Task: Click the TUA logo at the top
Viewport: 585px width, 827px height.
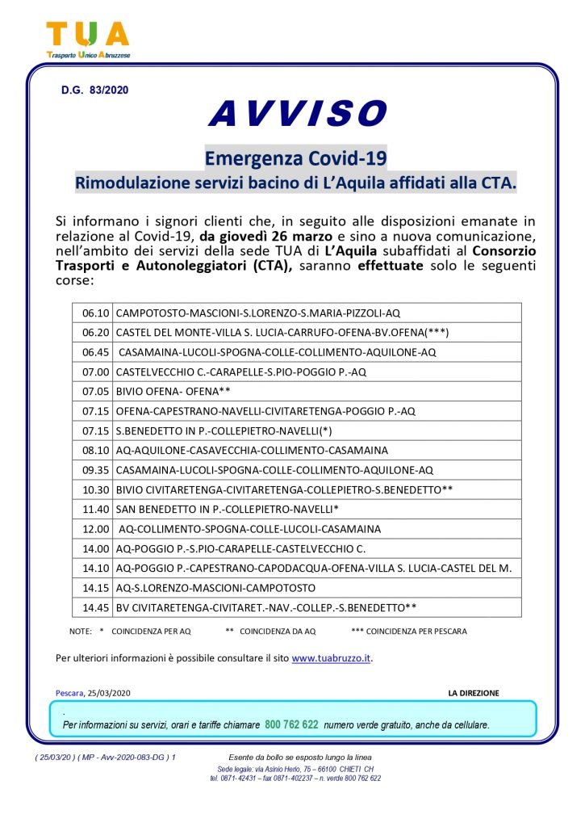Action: (88, 39)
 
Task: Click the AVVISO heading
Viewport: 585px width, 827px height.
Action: (297, 114)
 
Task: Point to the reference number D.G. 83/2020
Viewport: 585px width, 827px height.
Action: (94, 90)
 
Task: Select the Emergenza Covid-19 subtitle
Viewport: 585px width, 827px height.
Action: (295, 157)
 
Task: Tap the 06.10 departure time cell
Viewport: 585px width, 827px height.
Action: (95, 313)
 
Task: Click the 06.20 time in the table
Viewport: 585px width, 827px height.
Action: (95, 332)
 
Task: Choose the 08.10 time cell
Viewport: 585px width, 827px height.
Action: (95, 450)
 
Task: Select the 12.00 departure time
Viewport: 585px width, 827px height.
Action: (95, 529)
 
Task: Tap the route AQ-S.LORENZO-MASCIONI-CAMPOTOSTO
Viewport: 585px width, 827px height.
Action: (215, 588)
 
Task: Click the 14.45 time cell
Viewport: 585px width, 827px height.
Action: (95, 607)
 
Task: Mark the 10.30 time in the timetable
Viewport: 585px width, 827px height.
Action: (95, 489)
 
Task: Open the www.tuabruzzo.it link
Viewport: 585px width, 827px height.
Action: (331, 658)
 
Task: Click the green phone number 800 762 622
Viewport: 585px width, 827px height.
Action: (291, 724)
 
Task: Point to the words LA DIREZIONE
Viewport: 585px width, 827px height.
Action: (474, 693)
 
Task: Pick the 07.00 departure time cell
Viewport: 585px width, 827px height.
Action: (95, 372)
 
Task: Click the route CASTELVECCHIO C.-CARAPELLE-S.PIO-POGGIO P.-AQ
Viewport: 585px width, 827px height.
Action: (241, 372)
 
